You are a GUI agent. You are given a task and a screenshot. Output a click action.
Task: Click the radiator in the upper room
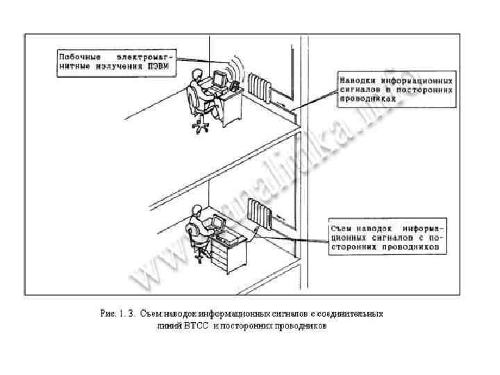[x=259, y=87]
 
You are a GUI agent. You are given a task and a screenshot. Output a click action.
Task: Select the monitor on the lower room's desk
[x=217, y=224]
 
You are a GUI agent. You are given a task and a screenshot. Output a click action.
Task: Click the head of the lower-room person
[x=198, y=210]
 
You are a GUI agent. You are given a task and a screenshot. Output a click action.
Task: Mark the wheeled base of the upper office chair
[x=201, y=126]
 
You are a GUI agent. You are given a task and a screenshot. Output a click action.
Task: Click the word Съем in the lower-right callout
[x=342, y=228]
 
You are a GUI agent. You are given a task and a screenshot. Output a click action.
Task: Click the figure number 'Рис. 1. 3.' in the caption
[x=118, y=313]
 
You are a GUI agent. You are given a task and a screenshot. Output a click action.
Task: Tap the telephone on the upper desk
[x=234, y=85]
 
